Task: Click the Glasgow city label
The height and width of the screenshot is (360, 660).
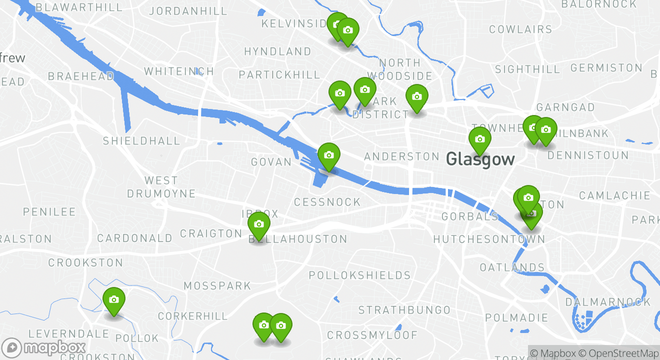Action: coord(480,159)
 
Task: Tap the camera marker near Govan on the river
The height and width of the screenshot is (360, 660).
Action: coord(328,155)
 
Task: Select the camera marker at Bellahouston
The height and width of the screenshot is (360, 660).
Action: coord(258,224)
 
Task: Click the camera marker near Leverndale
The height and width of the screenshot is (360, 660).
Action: coord(114,300)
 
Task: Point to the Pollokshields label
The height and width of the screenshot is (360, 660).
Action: coord(359,275)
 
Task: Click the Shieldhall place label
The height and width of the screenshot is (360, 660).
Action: coord(141,141)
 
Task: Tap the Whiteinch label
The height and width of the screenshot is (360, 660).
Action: coord(179,71)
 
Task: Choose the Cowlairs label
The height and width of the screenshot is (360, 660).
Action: coord(520,29)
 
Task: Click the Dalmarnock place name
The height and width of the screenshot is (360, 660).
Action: coord(608,302)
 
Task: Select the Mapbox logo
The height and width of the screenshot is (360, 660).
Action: coord(44,347)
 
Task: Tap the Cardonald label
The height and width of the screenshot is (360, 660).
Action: coord(134,238)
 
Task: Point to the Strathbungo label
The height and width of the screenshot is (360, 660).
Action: coord(404,310)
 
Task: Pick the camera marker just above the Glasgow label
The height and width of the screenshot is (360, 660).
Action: coord(479,139)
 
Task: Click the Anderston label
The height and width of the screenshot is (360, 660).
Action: coord(401,157)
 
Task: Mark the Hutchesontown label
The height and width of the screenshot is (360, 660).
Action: coord(488,239)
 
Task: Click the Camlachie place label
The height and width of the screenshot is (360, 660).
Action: coord(614,195)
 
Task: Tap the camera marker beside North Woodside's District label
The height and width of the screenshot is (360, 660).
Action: coord(416,97)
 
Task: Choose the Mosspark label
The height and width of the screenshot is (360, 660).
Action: coord(217,286)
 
